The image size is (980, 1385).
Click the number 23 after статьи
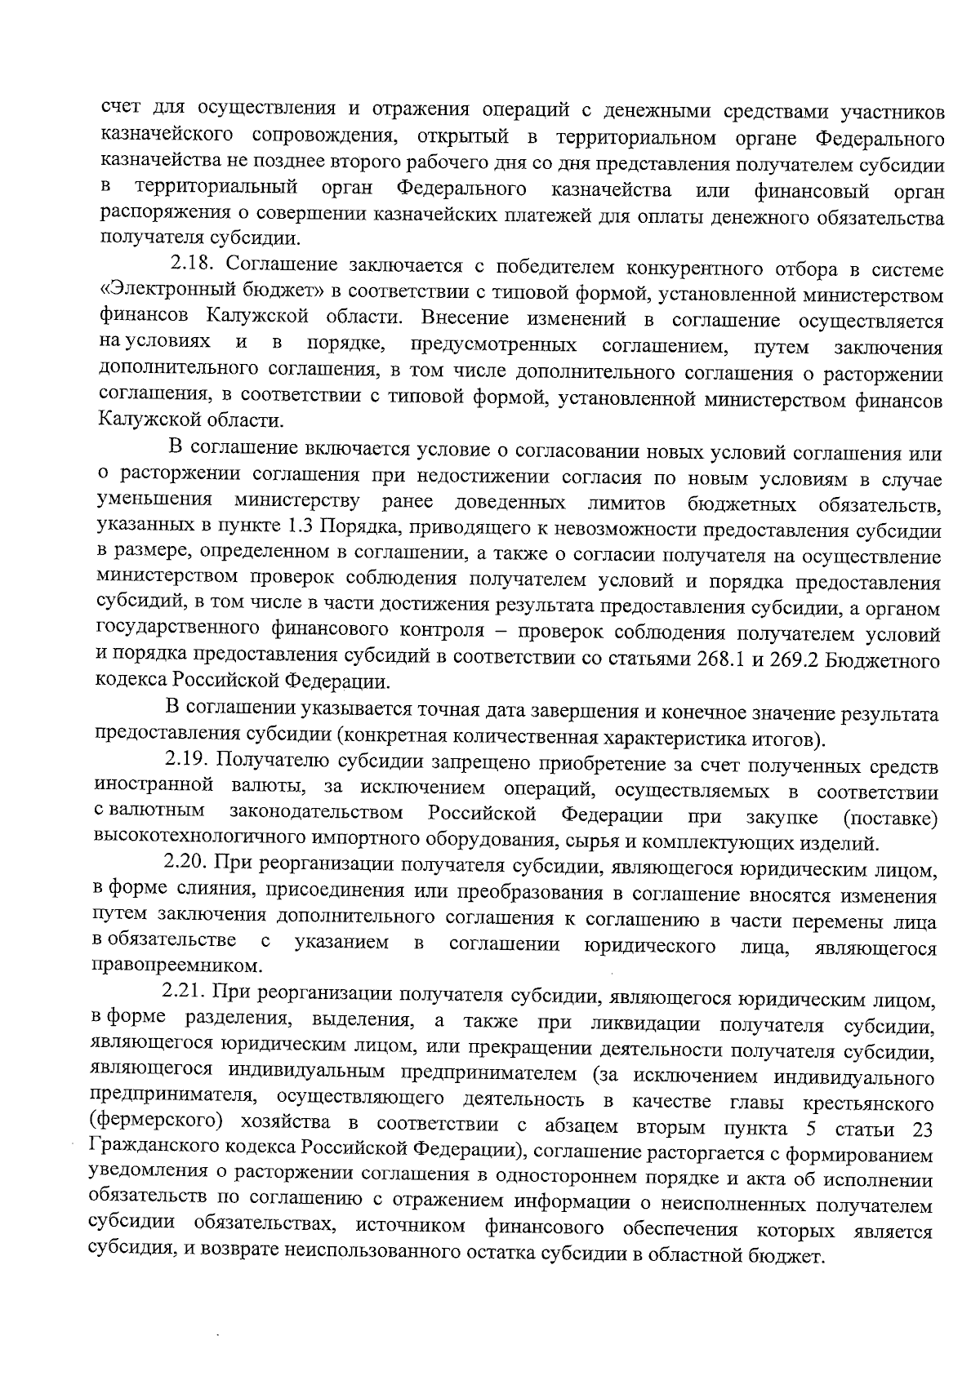click(917, 1130)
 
